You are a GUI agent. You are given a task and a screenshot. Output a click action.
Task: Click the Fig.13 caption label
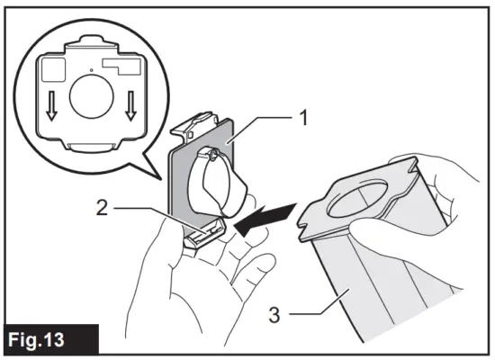click(x=44, y=341)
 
